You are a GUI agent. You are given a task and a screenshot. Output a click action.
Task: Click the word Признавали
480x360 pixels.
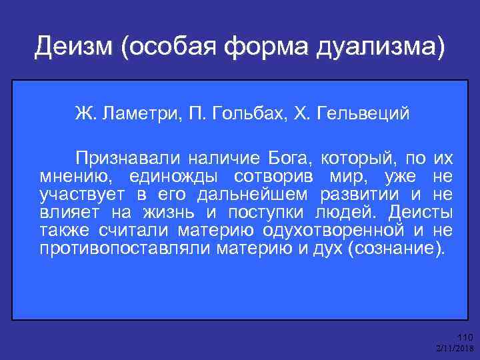click(x=127, y=159)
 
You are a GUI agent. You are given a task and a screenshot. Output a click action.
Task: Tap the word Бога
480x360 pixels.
click(x=289, y=159)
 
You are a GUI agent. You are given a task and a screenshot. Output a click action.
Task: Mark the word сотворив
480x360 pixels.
click(x=277, y=177)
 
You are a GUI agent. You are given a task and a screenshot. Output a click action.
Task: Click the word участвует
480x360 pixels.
click(x=75, y=195)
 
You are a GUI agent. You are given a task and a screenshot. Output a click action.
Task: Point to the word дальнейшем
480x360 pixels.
click(x=253, y=195)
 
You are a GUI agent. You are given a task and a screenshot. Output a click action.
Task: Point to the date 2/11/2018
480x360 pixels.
click(x=453, y=349)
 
